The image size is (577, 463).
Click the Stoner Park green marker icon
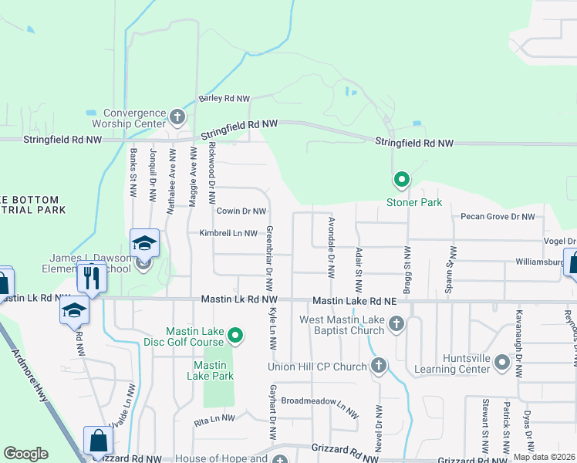(401, 181)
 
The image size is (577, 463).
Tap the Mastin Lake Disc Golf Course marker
(236, 335)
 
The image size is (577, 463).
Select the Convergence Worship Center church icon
(177, 117)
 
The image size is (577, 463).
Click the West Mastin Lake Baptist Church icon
(396, 324)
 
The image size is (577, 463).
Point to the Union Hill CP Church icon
(378, 366)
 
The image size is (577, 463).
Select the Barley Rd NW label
(224, 99)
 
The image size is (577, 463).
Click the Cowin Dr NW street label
(241, 211)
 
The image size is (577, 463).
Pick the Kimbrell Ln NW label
(228, 233)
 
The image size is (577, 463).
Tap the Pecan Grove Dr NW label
(497, 217)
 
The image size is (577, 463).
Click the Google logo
(25, 454)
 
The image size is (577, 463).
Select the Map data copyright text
(545, 457)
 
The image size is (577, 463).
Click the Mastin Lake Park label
(209, 370)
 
